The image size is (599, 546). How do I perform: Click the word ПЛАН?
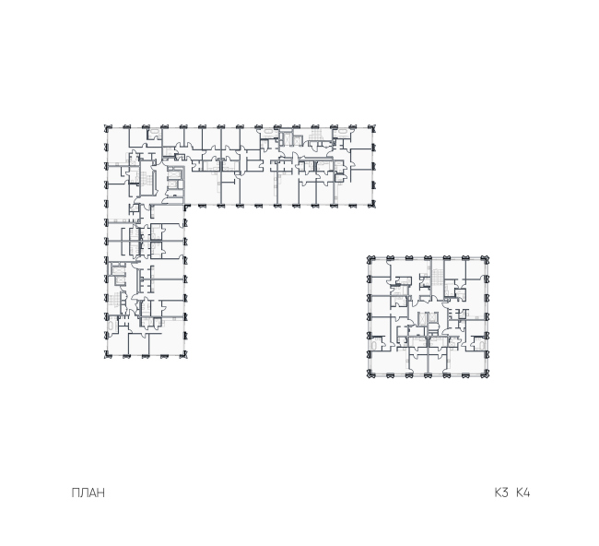tap(88, 493)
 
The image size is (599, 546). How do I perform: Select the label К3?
tap(501, 493)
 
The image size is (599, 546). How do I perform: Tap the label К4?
tap(523, 493)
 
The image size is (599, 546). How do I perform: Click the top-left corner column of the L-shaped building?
tap(108, 127)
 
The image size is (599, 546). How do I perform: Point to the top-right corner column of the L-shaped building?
tap(373, 127)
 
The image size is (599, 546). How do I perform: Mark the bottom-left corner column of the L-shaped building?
tap(108, 355)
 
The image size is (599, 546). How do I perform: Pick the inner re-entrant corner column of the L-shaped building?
tap(186, 208)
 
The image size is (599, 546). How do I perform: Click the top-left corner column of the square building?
tap(370, 259)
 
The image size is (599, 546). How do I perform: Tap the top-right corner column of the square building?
tap(486, 259)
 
